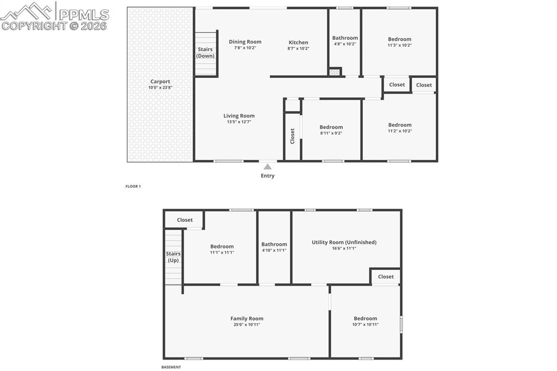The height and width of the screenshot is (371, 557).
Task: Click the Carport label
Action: point(160,82)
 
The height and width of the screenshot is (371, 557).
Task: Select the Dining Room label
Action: point(245,42)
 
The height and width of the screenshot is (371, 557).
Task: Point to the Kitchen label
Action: point(298,42)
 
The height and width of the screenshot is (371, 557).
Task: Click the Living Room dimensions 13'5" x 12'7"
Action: point(239,122)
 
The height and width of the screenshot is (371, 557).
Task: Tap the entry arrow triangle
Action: point(267,166)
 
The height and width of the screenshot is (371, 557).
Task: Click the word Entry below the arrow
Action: point(267,176)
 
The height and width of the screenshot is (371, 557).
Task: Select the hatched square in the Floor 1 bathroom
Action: point(335,72)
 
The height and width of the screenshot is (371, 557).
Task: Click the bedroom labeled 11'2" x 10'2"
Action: point(399,127)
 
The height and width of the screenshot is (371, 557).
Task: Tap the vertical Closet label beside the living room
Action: point(293,135)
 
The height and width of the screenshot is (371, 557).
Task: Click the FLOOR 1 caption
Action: point(133,187)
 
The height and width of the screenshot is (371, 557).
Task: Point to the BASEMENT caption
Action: point(171,367)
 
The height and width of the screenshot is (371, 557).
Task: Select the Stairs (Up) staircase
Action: point(173,257)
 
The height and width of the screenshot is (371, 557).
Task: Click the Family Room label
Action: point(246,319)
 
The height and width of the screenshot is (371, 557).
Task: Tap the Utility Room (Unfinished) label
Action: point(344,242)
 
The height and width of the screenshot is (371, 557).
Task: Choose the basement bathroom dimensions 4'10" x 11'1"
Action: point(274,250)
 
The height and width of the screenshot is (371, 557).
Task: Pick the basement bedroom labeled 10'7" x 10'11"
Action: point(365,321)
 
